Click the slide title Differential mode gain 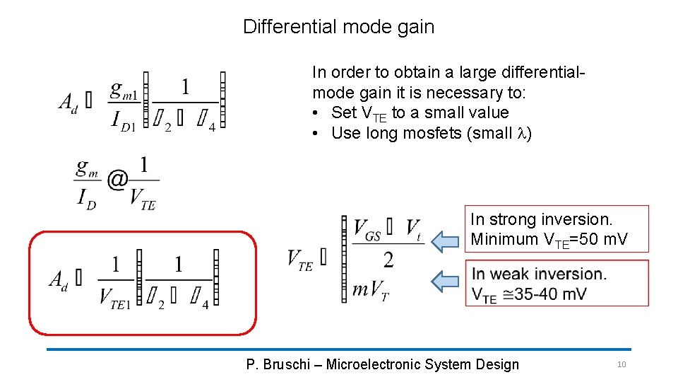click(x=338, y=27)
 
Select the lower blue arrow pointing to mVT click(x=446, y=282)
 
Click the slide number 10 click(x=621, y=364)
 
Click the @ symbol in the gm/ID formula click(x=117, y=180)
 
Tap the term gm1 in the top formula click(x=124, y=90)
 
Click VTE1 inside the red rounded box click(x=114, y=297)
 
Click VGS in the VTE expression click(x=368, y=230)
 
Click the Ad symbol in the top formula click(x=68, y=102)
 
